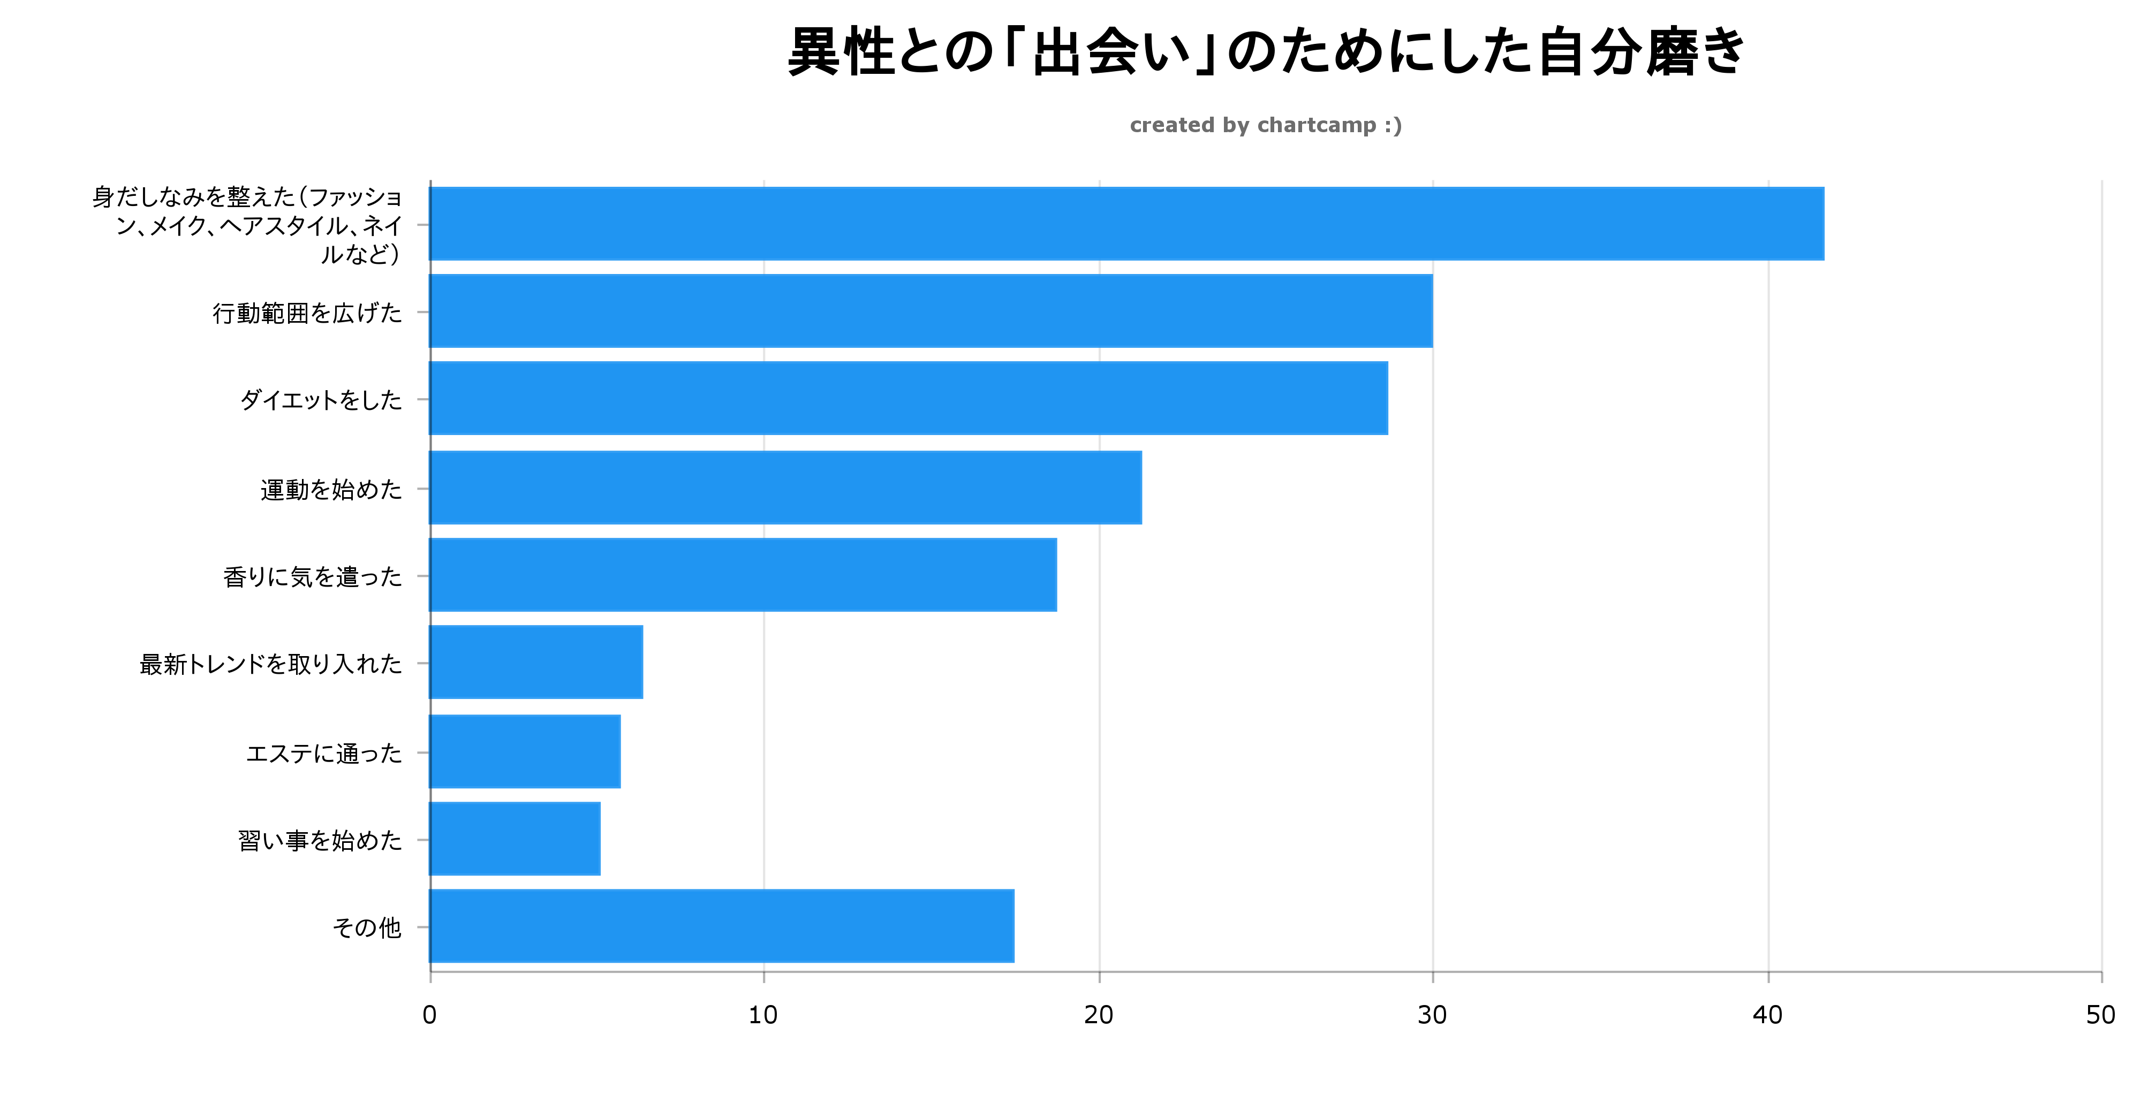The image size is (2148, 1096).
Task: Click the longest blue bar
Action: click(x=1126, y=223)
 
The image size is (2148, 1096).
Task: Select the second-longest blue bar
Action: click(x=931, y=311)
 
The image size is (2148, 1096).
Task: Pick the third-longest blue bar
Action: click(x=909, y=398)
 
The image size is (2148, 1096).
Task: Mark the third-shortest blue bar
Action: click(x=536, y=663)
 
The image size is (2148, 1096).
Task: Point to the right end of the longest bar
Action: click(x=1823, y=223)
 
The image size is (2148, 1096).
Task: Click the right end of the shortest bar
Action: click(x=600, y=839)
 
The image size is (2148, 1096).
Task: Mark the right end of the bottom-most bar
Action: click(x=1013, y=926)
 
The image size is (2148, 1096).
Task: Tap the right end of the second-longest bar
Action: click(x=1431, y=311)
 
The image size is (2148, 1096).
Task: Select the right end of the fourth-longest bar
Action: click(x=1141, y=488)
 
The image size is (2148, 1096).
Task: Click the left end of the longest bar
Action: click(x=431, y=223)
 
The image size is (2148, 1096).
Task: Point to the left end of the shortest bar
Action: click(x=431, y=839)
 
